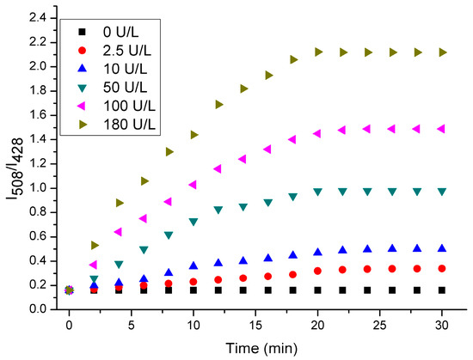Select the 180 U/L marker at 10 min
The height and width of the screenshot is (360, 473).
tap(193, 135)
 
